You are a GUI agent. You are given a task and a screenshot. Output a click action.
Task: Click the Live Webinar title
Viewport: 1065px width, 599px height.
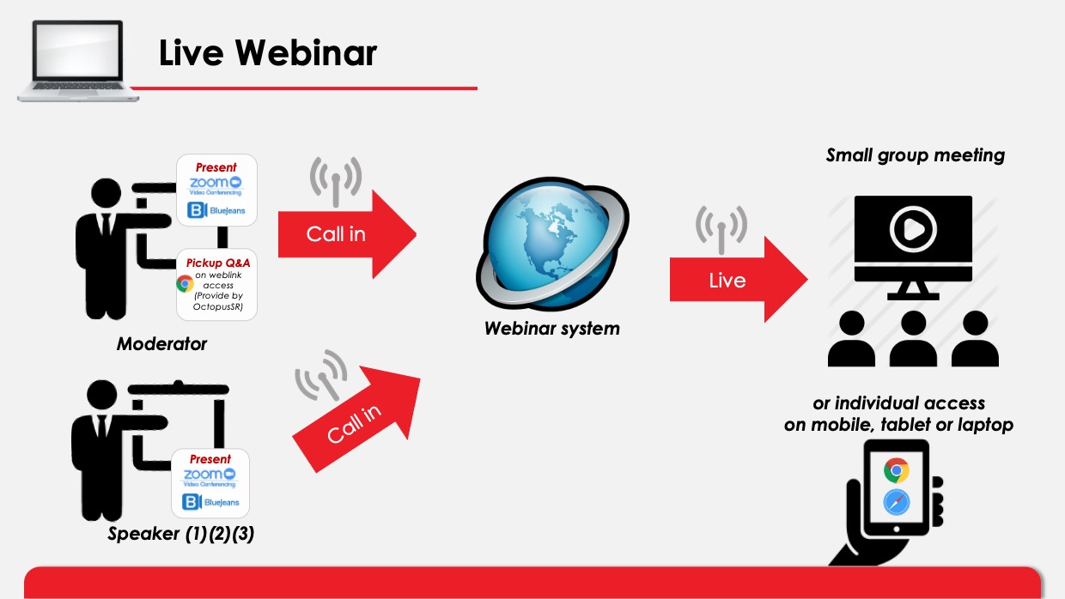click(268, 52)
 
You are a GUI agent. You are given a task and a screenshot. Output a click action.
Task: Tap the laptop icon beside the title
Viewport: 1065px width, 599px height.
click(78, 61)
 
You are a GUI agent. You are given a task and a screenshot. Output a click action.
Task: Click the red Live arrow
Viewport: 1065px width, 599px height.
click(739, 280)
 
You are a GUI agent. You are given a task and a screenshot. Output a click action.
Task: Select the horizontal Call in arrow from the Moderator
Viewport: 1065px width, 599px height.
click(347, 234)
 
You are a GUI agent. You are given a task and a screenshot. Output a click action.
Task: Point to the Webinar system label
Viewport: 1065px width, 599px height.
click(552, 328)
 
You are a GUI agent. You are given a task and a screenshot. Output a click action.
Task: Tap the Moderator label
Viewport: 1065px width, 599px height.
click(161, 344)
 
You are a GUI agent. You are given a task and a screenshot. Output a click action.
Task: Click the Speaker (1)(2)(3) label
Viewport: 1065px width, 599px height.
click(180, 534)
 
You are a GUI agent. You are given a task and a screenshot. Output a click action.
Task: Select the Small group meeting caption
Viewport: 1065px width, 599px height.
click(916, 155)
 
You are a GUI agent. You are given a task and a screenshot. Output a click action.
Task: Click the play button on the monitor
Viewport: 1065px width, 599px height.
click(913, 229)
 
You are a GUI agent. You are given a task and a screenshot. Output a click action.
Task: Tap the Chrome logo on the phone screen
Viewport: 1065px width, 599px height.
click(897, 470)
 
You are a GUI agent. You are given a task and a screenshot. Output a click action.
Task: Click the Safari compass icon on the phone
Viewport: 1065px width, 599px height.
click(897, 503)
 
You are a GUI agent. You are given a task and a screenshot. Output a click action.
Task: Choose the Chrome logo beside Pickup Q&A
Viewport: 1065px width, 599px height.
click(185, 283)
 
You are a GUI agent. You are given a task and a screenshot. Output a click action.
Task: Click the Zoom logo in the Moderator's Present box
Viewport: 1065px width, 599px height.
click(216, 185)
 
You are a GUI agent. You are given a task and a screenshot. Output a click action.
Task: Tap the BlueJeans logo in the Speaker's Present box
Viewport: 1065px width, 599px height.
click(210, 502)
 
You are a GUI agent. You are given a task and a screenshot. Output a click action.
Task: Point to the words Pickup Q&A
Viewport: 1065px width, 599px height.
click(218, 263)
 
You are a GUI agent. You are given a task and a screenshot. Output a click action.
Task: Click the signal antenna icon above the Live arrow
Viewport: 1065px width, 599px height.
click(721, 230)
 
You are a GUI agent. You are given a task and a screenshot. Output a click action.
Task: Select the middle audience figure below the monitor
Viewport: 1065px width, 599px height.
click(913, 339)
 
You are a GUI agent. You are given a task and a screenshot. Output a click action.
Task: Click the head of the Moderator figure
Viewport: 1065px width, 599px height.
click(106, 193)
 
